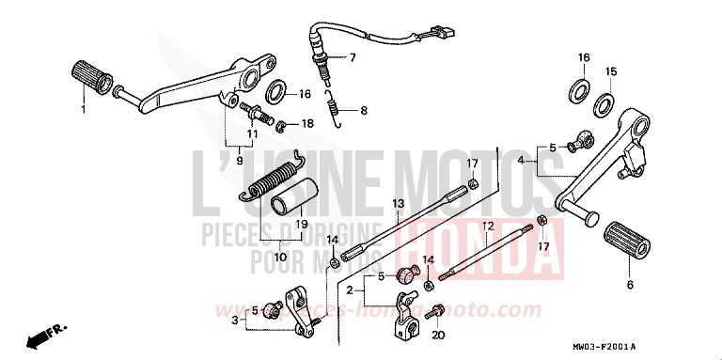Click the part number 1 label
(83, 110)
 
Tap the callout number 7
(353, 58)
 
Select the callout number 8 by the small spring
(365, 110)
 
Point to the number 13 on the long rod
(399, 203)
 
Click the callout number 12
(488, 227)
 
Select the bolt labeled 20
(435, 310)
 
